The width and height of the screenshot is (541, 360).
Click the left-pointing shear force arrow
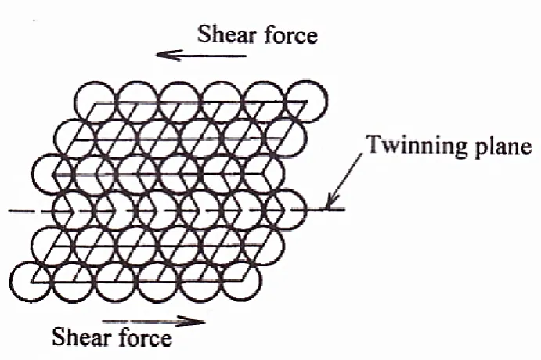(x=201, y=55)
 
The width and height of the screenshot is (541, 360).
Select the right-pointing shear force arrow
(x=154, y=322)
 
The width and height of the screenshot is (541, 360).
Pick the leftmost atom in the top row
(x=95, y=102)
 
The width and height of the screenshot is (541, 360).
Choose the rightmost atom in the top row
(x=307, y=101)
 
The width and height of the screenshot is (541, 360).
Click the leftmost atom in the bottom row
(x=31, y=282)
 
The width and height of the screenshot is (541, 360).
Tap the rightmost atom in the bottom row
(x=241, y=282)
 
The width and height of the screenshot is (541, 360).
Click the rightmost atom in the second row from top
(x=286, y=138)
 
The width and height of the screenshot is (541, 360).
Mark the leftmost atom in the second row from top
(x=75, y=138)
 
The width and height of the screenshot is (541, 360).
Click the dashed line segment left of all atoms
(x=31, y=211)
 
